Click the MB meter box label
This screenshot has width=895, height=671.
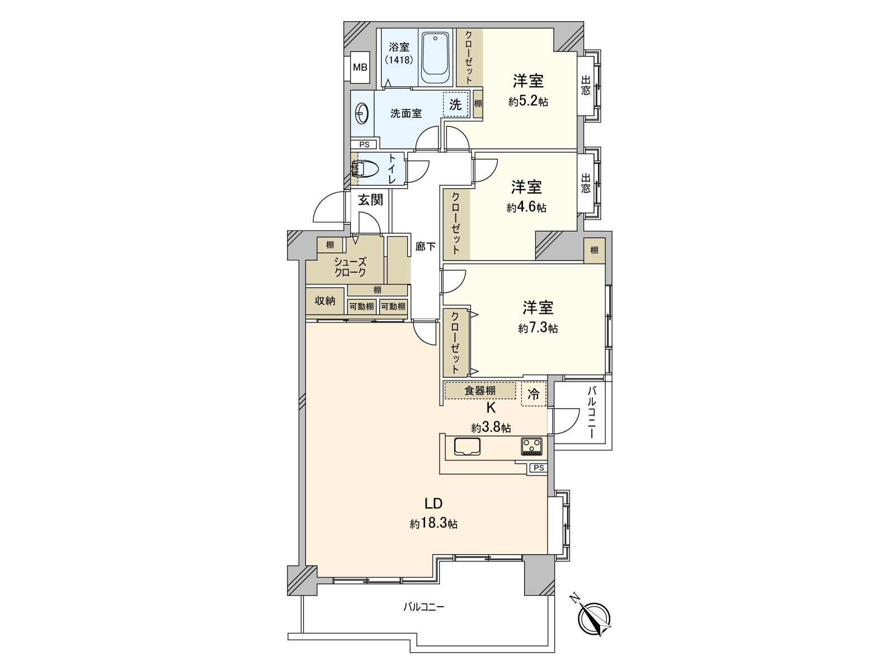click(360, 68)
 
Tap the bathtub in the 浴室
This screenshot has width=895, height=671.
click(436, 58)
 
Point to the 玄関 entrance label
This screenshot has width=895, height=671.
click(370, 200)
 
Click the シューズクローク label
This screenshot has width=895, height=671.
click(350, 267)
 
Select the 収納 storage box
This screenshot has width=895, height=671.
click(325, 301)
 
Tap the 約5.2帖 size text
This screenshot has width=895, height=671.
click(528, 102)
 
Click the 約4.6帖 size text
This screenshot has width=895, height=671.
click(526, 208)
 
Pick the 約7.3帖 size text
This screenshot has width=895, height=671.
click(538, 329)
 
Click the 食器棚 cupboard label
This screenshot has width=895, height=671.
click(480, 390)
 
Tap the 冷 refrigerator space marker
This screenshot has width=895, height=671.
click(534, 394)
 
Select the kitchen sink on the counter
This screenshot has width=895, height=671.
click(467, 447)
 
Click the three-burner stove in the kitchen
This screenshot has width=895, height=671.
click(532, 446)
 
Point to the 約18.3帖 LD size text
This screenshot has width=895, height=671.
click(434, 524)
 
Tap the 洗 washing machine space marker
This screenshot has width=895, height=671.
click(456, 104)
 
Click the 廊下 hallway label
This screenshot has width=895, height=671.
click(426, 247)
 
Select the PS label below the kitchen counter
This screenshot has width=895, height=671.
click(538, 468)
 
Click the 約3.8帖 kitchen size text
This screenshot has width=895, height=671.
click(491, 428)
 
